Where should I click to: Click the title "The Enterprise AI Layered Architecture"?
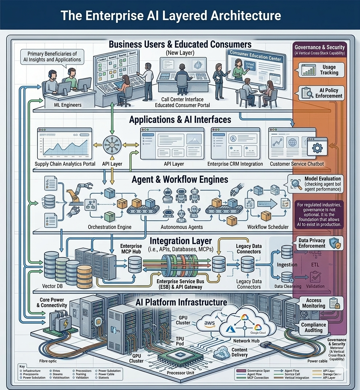(171, 15)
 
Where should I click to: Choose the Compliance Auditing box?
(313, 327)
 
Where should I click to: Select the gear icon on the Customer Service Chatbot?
(317, 148)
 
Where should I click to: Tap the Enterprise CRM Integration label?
(235, 164)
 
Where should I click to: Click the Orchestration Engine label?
(110, 227)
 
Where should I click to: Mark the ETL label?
(315, 264)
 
